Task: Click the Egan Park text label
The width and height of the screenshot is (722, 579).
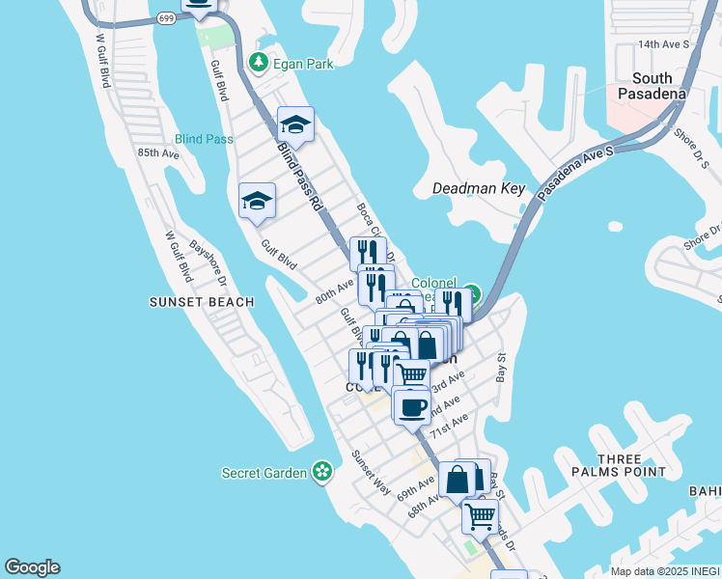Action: click(302, 64)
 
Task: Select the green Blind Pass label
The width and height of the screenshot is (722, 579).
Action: click(205, 139)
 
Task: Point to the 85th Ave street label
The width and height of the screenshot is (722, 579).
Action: click(158, 153)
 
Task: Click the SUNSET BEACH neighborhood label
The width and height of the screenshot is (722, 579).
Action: click(202, 302)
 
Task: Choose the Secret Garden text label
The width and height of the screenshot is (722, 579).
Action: click(264, 473)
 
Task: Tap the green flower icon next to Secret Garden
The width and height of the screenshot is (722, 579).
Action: click(322, 472)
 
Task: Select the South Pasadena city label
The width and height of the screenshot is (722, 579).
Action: click(659, 86)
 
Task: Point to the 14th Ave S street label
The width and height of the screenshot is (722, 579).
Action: click(663, 44)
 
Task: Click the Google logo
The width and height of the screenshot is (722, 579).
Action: click(32, 567)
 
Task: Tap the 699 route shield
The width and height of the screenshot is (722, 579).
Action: click(167, 18)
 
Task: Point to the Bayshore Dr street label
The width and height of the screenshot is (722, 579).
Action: click(208, 263)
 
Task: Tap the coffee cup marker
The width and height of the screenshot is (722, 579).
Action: click(411, 406)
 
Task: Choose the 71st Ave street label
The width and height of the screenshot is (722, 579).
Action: click(449, 425)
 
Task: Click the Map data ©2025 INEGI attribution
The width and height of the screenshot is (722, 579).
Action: click(665, 571)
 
